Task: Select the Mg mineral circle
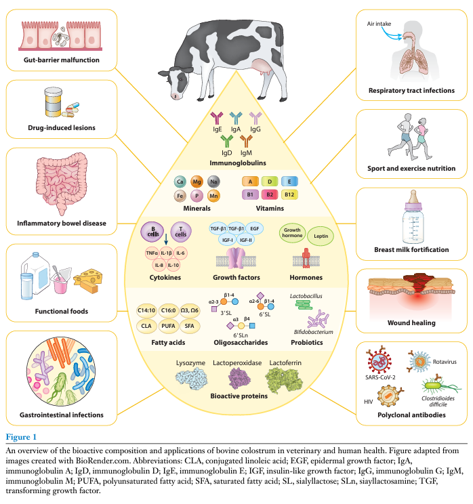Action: [197, 182]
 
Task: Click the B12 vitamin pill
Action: [290, 194]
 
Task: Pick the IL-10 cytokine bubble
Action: [172, 264]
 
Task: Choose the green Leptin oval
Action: [319, 236]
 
